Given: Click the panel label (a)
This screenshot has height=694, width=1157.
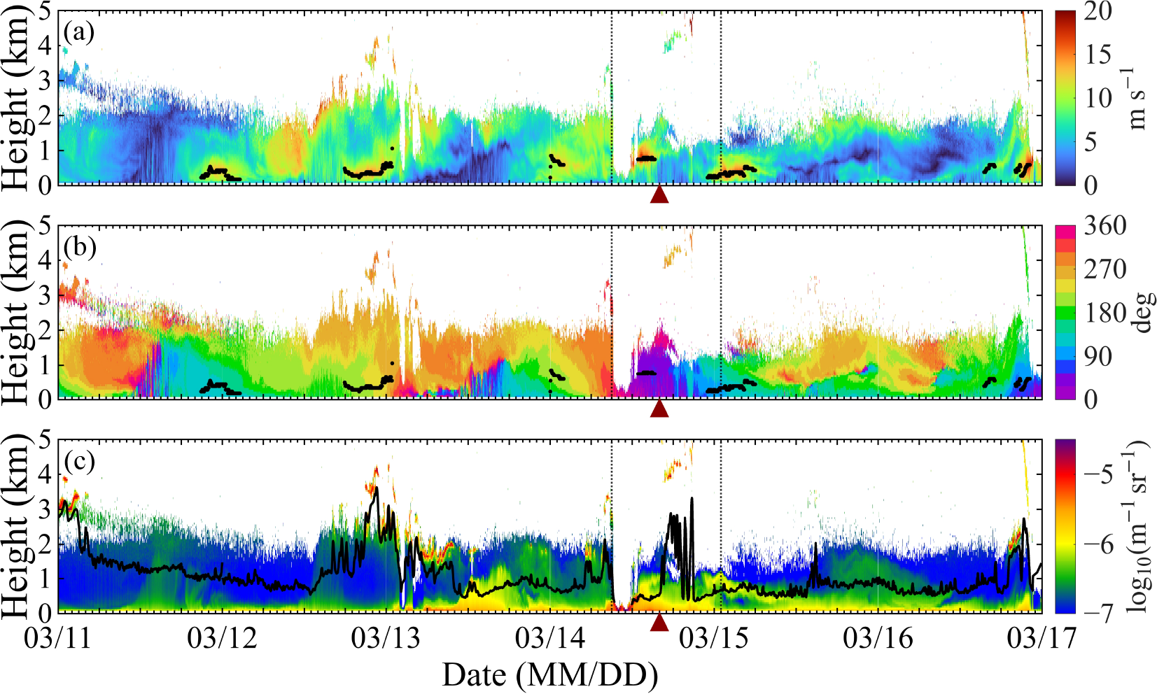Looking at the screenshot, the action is (x=79, y=34).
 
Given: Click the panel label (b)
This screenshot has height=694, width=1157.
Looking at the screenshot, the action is (x=80, y=248).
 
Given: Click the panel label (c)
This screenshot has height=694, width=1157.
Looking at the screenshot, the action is (x=79, y=462).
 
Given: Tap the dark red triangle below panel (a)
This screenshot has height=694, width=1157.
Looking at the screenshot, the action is (x=659, y=194).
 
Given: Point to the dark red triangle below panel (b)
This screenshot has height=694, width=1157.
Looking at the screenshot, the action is (x=659, y=409).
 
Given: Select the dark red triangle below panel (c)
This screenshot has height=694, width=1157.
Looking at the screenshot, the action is (x=659, y=623).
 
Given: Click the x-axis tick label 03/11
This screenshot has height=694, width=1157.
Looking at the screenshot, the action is (x=58, y=639).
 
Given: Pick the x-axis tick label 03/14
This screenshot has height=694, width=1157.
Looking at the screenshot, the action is (x=550, y=639).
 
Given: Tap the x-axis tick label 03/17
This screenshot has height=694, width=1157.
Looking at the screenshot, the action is (x=1042, y=639).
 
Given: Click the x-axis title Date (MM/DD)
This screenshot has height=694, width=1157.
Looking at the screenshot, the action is (x=550, y=675).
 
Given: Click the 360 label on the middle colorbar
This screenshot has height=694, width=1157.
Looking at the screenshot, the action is (x=1105, y=226).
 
